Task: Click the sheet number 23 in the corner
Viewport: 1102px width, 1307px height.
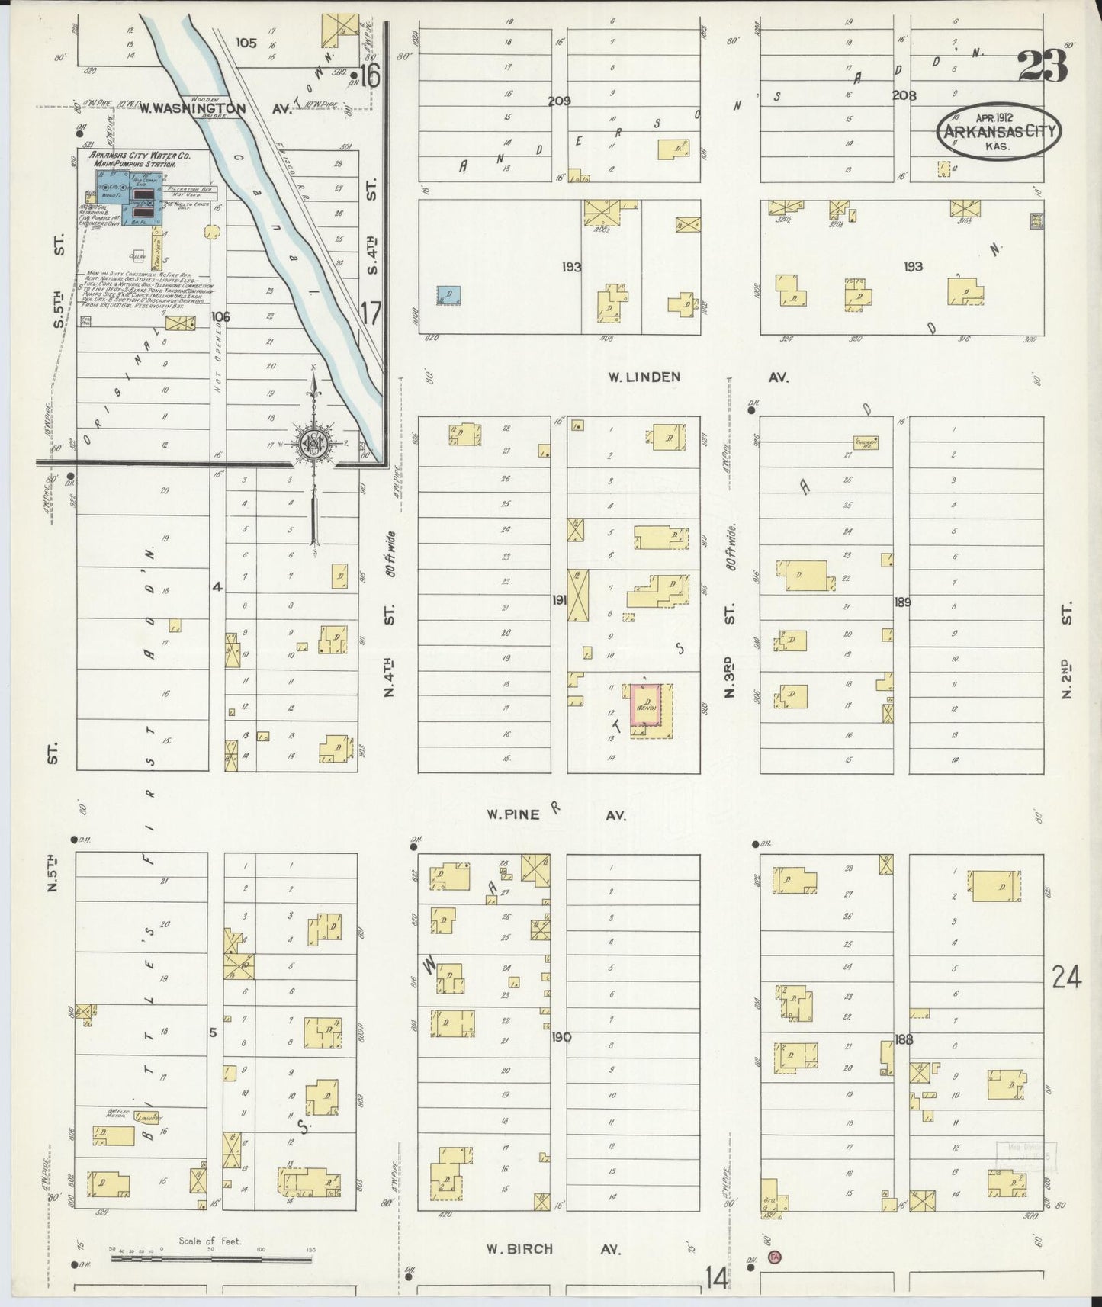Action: [1043, 66]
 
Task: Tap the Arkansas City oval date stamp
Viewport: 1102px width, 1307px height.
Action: [998, 132]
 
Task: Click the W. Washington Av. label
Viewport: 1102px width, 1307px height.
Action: [217, 109]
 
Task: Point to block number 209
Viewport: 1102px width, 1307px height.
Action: [560, 101]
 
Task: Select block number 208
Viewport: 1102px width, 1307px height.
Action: [904, 96]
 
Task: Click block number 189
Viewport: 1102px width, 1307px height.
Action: [903, 602]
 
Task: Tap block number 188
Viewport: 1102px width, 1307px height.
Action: [904, 1038]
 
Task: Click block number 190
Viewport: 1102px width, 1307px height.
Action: [561, 1037]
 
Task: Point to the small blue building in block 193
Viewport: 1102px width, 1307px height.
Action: [448, 295]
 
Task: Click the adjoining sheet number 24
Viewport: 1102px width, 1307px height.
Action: [1065, 977]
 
